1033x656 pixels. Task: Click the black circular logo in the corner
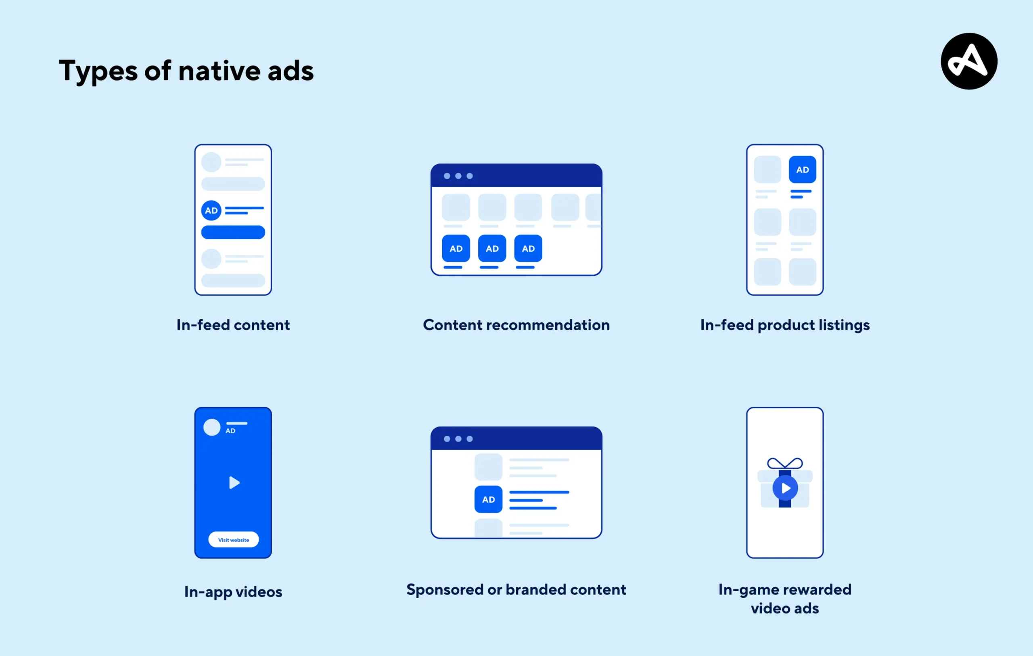tap(969, 61)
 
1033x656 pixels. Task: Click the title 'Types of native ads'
tap(186, 71)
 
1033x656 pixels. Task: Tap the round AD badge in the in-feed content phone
tap(211, 211)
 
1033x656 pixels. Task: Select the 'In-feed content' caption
tap(233, 325)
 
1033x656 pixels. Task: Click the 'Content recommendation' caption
tap(516, 325)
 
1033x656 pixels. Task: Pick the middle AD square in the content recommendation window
tap(492, 249)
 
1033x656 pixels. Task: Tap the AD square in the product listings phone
tap(802, 169)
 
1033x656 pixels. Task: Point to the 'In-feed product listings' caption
tap(784, 325)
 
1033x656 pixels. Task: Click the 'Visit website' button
tap(233, 540)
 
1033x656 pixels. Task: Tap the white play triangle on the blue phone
tap(234, 483)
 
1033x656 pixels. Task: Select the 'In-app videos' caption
tap(233, 591)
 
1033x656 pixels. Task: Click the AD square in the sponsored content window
tap(488, 499)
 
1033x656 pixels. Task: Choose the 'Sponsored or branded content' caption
tap(516, 589)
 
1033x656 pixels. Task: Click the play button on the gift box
tap(785, 488)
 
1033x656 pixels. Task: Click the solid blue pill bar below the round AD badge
tap(233, 232)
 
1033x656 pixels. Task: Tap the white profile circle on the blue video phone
tap(211, 427)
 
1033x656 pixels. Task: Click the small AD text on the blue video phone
tap(230, 431)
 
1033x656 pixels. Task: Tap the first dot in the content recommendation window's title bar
tap(447, 176)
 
